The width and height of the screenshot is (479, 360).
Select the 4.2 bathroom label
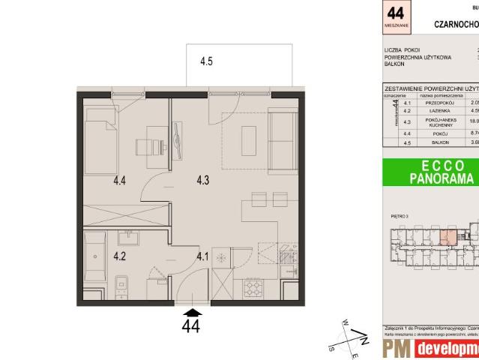tap(120, 256)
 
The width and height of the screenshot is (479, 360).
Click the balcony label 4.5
tap(207, 83)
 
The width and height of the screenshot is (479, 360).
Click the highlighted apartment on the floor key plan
tap(448, 239)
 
